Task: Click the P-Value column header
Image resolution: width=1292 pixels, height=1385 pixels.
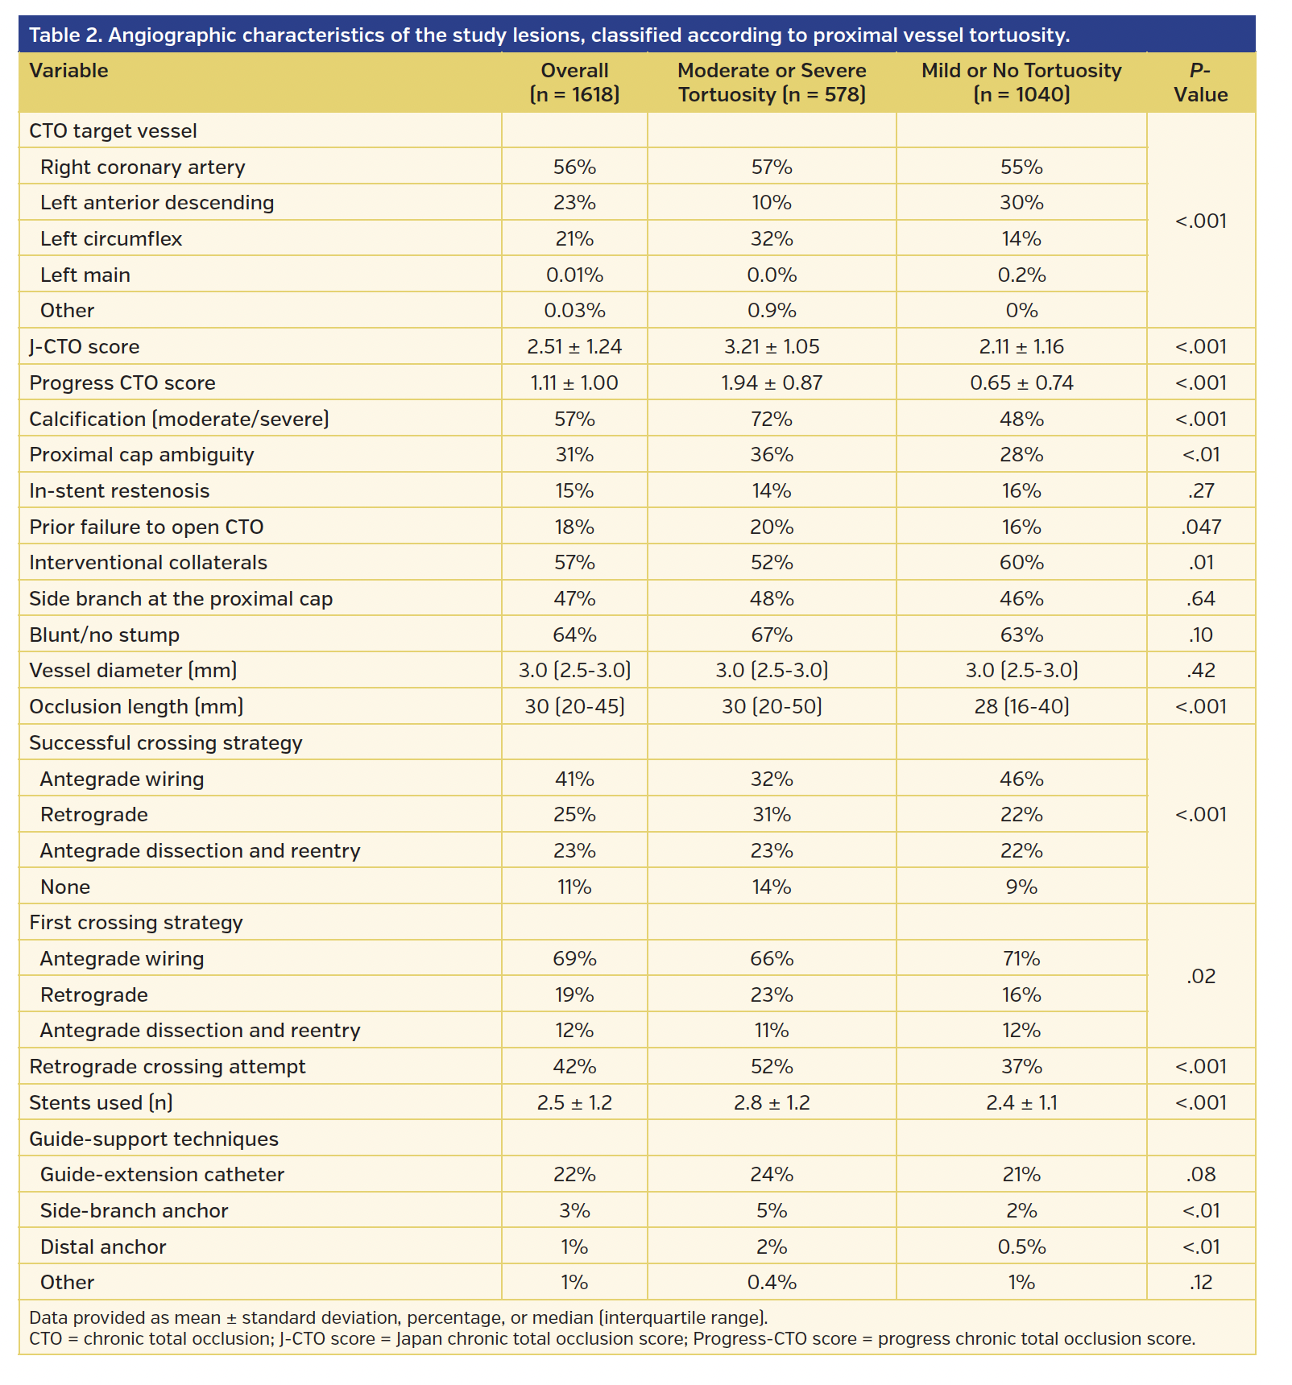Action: click(x=1200, y=82)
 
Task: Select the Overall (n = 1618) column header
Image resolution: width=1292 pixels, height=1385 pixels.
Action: click(x=574, y=82)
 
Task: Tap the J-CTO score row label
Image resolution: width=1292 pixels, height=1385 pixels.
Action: click(x=85, y=347)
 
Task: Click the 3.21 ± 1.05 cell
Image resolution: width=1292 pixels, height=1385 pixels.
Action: click(x=772, y=347)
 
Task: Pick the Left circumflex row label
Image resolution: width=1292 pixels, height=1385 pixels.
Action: click(x=111, y=239)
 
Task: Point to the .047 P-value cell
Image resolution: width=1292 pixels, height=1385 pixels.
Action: click(x=1200, y=527)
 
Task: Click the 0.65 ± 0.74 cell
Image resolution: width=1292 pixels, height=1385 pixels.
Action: click(x=1021, y=383)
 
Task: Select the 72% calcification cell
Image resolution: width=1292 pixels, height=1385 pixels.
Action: click(x=772, y=420)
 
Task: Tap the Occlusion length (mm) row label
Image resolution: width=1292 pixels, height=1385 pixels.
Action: click(x=136, y=707)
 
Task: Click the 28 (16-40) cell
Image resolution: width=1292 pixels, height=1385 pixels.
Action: click(x=1021, y=707)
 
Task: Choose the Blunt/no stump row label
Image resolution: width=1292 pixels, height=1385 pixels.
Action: click(x=105, y=635)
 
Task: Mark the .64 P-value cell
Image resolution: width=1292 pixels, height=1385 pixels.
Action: click(x=1200, y=599)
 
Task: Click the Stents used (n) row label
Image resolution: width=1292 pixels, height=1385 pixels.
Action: click(x=101, y=1103)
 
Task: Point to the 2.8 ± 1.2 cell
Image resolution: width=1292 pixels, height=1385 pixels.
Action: click(x=772, y=1103)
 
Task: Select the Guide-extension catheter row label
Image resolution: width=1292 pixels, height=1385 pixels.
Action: click(x=162, y=1175)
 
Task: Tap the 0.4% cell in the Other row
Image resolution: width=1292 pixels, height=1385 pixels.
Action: click(x=772, y=1283)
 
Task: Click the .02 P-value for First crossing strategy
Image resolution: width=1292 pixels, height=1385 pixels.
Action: click(x=1200, y=977)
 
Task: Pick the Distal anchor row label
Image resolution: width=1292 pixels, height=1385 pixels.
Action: click(x=103, y=1247)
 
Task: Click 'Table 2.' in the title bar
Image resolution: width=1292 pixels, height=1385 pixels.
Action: click(x=65, y=35)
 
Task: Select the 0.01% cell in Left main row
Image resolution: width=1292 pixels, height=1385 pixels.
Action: click(x=574, y=275)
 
